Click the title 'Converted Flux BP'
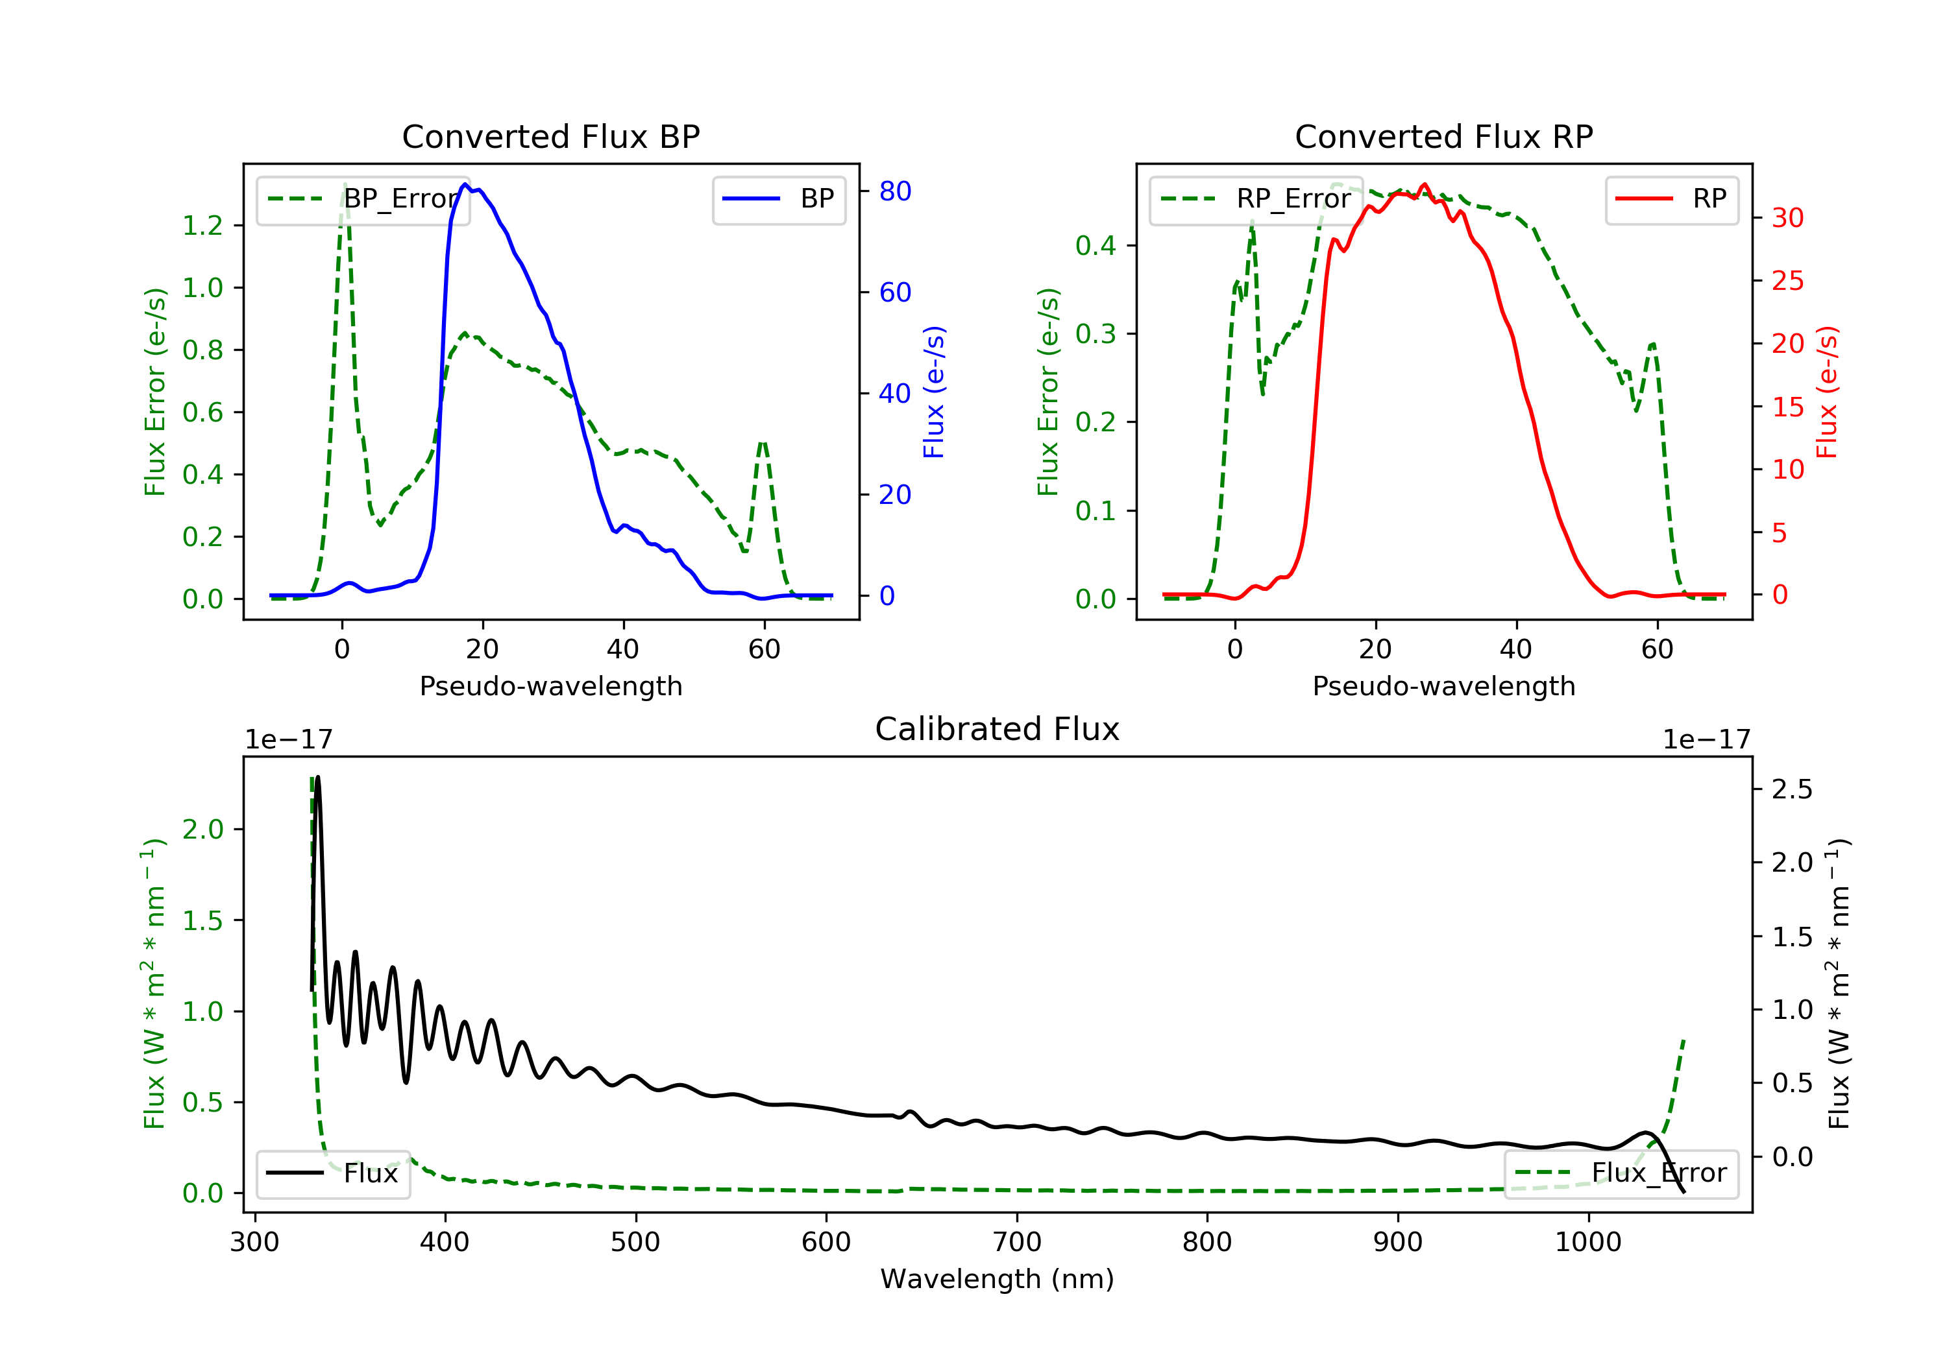pyautogui.click(x=551, y=136)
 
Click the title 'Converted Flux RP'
pyautogui.click(x=1444, y=136)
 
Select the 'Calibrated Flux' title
pyautogui.click(x=998, y=729)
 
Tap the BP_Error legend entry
pyautogui.click(x=362, y=199)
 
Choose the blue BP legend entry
pyautogui.click(x=778, y=199)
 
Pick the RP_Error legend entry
pyautogui.click(x=1255, y=199)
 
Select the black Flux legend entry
pyautogui.click(x=332, y=1173)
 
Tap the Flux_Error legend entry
pyautogui.click(x=1621, y=1173)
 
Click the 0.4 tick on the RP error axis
pyautogui.click(x=1096, y=246)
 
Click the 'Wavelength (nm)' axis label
pyautogui.click(x=998, y=1279)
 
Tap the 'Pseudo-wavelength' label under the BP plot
pyautogui.click(x=551, y=686)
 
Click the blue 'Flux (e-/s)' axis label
pyautogui.click(x=934, y=392)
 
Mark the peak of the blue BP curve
pyautogui.click(x=465, y=184)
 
